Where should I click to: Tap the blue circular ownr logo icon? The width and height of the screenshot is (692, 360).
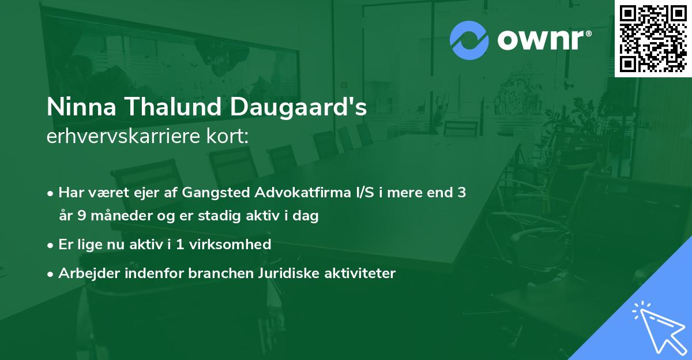(x=469, y=40)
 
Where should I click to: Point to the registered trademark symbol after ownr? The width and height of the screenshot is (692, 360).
(x=588, y=34)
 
